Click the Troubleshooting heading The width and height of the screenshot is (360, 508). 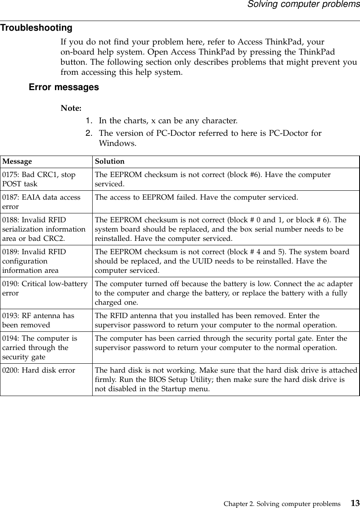coord(36,28)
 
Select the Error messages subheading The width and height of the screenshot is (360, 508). coord(64,87)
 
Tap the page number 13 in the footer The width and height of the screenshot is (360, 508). coord(355,503)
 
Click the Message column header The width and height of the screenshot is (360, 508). coord(17,162)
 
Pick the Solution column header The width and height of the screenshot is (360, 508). coord(110,162)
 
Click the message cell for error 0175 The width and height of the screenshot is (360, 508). coord(39,179)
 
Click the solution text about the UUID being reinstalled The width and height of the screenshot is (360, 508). coord(222,261)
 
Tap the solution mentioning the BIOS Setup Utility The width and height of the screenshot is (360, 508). coord(226,379)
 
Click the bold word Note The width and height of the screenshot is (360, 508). coord(71,108)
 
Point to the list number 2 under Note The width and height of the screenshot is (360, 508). coord(88,133)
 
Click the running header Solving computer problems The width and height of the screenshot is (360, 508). coord(303,4)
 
